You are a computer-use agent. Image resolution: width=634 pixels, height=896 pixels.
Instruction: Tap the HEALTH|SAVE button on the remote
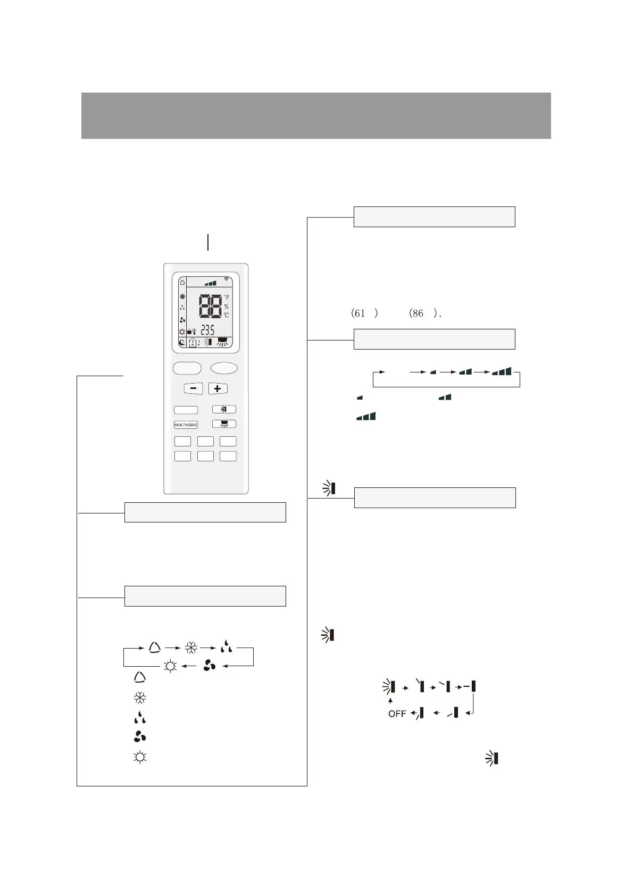tap(186, 425)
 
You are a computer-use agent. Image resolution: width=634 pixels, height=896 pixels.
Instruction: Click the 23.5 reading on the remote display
tap(207, 330)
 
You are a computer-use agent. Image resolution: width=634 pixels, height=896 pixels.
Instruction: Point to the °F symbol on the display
tap(226, 297)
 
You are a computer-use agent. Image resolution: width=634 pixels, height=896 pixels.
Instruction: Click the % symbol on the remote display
tap(226, 307)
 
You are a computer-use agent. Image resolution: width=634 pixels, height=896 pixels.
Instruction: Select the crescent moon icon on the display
tap(182, 343)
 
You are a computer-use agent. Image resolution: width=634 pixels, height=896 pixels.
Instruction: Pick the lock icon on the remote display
tap(189, 331)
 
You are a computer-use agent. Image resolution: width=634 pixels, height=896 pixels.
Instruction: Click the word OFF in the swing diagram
tap(397, 714)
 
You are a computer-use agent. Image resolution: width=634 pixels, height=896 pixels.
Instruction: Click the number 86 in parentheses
tap(417, 313)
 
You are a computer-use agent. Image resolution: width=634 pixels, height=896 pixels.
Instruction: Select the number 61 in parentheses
tap(360, 313)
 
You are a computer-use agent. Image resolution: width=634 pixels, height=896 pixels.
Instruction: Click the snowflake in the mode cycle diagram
tap(191, 648)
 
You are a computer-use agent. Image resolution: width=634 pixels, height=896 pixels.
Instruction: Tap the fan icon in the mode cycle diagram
tap(210, 666)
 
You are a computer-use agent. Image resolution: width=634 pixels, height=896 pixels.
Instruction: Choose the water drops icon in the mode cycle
tap(227, 648)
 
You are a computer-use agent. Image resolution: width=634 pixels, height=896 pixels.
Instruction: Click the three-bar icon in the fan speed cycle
tap(503, 371)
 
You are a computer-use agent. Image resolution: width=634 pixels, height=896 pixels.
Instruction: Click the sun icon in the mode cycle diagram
tap(170, 666)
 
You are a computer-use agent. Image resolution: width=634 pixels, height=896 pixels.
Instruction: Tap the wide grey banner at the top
tap(316, 115)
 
